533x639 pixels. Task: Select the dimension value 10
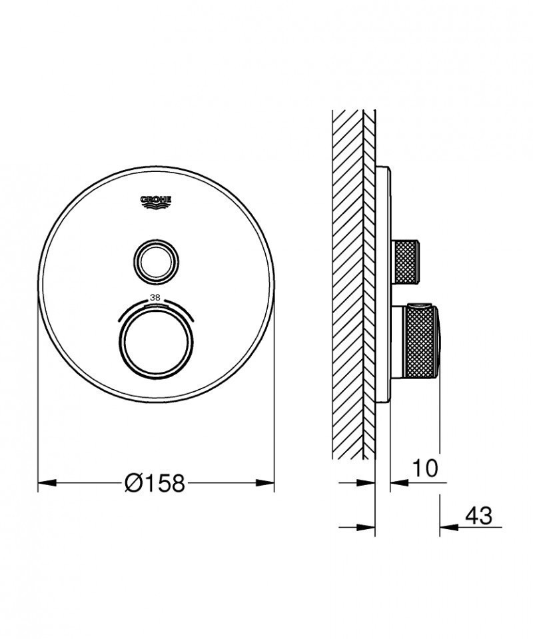click(424, 468)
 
